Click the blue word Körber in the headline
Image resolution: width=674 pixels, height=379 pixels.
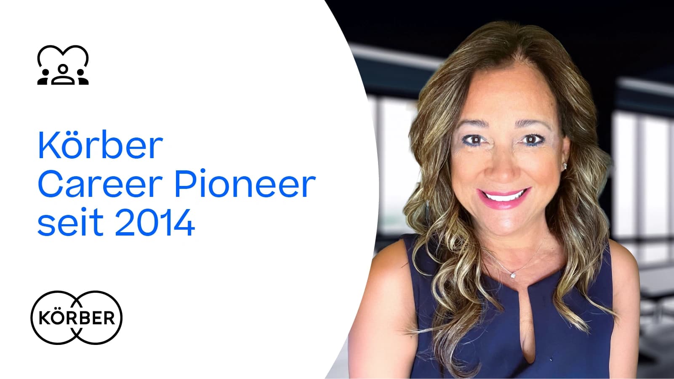100,145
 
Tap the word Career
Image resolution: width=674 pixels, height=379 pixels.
100,183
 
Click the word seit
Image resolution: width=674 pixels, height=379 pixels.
70,222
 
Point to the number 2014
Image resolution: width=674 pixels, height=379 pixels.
155,222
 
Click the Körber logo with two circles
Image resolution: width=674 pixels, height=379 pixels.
77,318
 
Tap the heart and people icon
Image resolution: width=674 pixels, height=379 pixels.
63,65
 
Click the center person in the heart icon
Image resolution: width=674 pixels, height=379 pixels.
63,74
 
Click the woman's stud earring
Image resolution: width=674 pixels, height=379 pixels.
565,166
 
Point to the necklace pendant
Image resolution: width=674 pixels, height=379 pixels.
513,275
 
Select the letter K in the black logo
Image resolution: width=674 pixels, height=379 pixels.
45,318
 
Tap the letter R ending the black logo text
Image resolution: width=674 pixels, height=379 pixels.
109,318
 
